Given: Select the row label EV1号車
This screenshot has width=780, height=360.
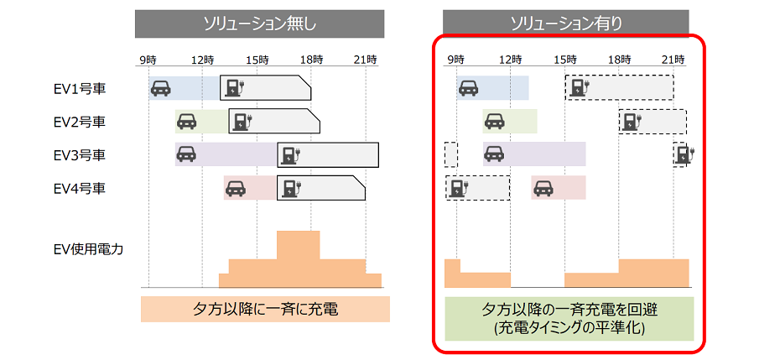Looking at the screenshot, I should pyautogui.click(x=80, y=88).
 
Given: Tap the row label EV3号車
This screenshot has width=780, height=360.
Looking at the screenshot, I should pyautogui.click(x=80, y=155).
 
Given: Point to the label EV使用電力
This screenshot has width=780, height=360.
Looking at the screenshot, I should pyautogui.click(x=88, y=248).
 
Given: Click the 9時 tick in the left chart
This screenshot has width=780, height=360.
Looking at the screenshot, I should pyautogui.click(x=148, y=60).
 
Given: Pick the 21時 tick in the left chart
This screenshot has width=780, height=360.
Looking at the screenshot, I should pyautogui.click(x=365, y=60).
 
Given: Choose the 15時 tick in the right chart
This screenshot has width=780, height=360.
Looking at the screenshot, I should pyautogui.click(x=564, y=60).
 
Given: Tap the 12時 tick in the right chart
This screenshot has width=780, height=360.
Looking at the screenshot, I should pyautogui.click(x=510, y=60).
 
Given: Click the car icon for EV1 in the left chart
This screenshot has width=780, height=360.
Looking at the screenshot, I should pyautogui.click(x=160, y=87).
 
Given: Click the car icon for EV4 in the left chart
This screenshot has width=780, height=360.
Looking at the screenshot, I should pyautogui.click(x=236, y=188).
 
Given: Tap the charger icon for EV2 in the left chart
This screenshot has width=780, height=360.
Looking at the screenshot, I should pyautogui.click(x=242, y=121).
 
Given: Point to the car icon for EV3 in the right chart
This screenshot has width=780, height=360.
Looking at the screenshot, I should pyautogui.click(x=494, y=154).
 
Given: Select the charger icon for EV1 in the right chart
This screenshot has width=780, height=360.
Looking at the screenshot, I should pyautogui.click(x=579, y=87).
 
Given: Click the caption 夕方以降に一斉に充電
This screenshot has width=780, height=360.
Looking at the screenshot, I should pyautogui.click(x=265, y=309).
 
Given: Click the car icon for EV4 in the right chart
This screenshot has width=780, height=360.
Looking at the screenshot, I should pyautogui.click(x=543, y=188).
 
